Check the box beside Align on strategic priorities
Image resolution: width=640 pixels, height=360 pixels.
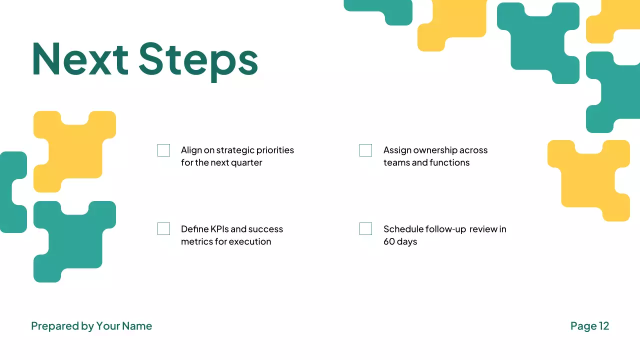point(163,150)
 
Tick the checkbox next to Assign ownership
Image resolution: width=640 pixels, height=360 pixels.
point(365,150)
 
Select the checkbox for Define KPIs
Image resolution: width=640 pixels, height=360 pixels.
point(163,229)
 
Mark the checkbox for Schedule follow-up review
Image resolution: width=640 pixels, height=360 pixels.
point(365,229)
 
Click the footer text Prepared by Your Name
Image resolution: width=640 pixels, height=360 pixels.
point(91,326)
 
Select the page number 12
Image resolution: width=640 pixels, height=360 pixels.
point(604,326)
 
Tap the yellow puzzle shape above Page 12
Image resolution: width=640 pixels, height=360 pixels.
point(588,180)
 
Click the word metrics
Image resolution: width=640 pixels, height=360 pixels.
point(195,241)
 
